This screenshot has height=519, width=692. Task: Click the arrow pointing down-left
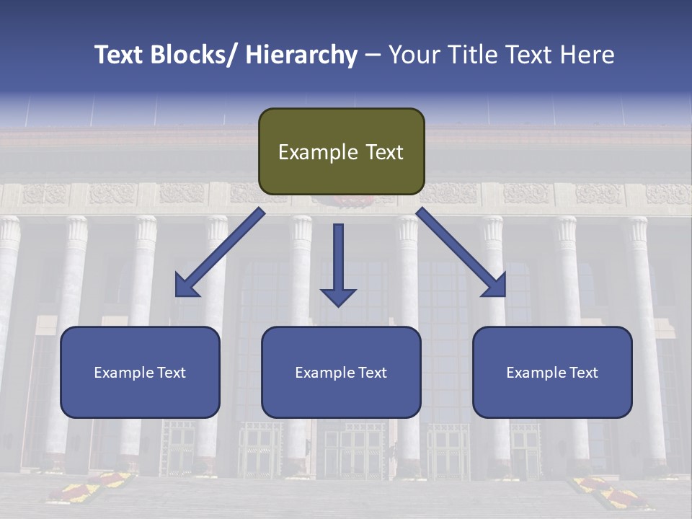tap(219, 252)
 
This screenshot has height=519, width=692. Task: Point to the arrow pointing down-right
tap(461, 252)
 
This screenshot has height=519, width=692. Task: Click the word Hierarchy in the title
tap(301, 55)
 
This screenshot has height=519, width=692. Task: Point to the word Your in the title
tap(413, 55)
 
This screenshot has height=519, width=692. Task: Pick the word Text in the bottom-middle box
tap(373, 373)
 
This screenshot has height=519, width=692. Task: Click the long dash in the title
tap(372, 55)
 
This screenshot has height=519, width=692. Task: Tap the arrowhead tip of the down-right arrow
tap(504, 295)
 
